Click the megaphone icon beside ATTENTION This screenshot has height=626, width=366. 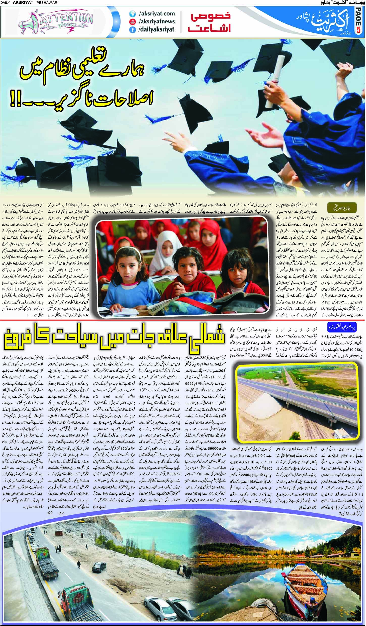click(26, 22)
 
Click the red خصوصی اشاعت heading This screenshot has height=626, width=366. click(210, 22)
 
